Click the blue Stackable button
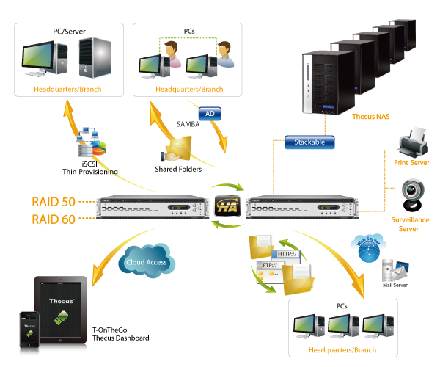(309, 142)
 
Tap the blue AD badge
(210, 114)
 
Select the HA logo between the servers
(227, 206)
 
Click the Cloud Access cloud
(147, 261)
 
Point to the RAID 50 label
(54, 202)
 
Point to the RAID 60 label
(54, 219)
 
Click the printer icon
(413, 142)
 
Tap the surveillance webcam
(413, 195)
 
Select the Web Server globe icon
(368, 248)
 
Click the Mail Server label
(395, 285)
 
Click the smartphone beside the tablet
(29, 330)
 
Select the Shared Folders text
(178, 169)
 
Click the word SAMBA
(188, 124)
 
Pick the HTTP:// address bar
(286, 254)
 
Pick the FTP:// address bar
(271, 265)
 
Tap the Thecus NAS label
(371, 117)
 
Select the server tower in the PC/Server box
(95, 57)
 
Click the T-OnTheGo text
(110, 330)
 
